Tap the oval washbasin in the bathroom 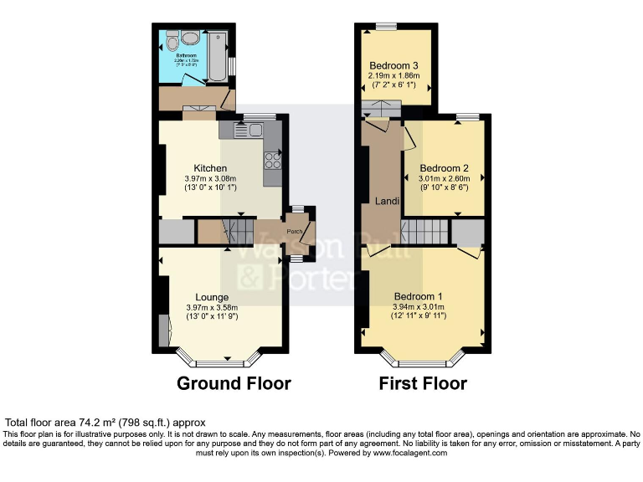pyautogui.click(x=189, y=38)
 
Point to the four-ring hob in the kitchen pyautogui.click(x=273, y=159)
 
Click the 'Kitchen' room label pyautogui.click(x=210, y=168)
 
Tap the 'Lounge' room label pyautogui.click(x=212, y=297)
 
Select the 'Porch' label pyautogui.click(x=294, y=232)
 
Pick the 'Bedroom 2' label pyautogui.click(x=444, y=167)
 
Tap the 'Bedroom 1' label pyautogui.click(x=419, y=296)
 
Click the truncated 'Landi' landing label pyautogui.click(x=386, y=202)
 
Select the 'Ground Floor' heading pyautogui.click(x=234, y=384)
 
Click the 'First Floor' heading pyautogui.click(x=423, y=384)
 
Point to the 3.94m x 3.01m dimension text pyautogui.click(x=419, y=306)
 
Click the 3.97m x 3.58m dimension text pyautogui.click(x=212, y=307)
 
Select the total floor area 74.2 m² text pyautogui.click(x=105, y=423)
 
